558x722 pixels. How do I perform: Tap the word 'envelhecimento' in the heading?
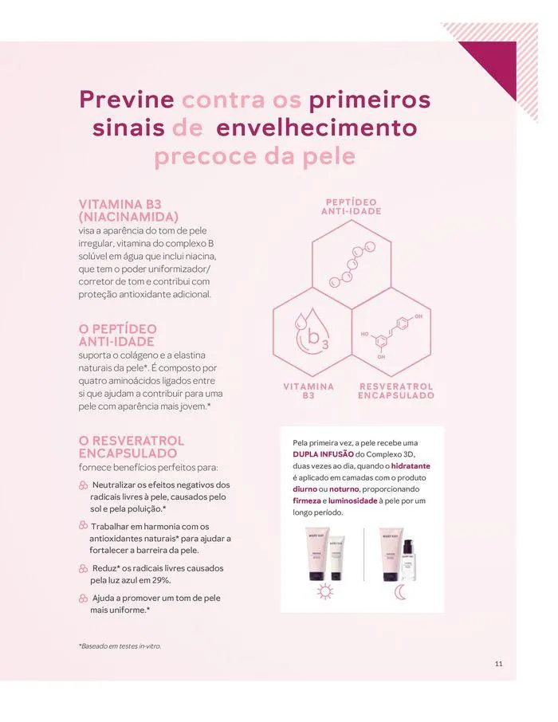click(x=316, y=128)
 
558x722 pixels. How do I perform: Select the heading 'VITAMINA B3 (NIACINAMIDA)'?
click(x=128, y=210)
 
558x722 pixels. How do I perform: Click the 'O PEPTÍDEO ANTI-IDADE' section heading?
click(x=118, y=335)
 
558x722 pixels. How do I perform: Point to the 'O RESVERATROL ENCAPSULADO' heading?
click(x=131, y=446)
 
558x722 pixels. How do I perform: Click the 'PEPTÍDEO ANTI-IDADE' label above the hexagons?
click(x=352, y=206)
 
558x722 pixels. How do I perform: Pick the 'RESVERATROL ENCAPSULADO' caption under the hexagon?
click(x=395, y=391)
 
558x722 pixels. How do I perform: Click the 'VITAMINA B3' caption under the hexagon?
click(x=308, y=391)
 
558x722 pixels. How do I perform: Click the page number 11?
click(x=498, y=664)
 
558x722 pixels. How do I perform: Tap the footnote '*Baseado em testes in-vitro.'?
click(x=120, y=646)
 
